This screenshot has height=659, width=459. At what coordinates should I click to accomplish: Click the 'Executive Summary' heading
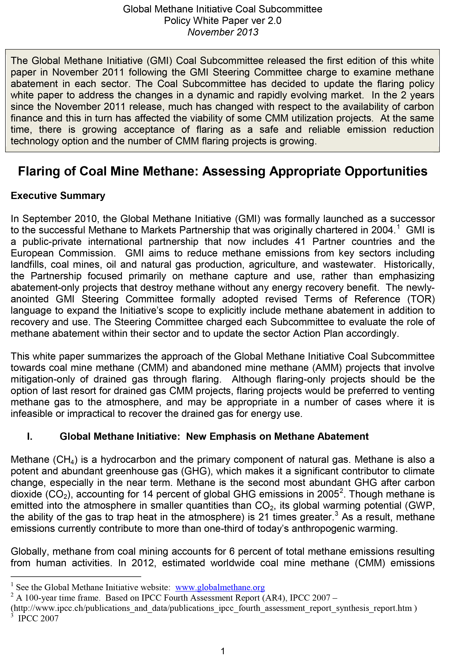click(58, 196)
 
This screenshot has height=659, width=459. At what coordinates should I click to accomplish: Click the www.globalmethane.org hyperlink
click(220, 588)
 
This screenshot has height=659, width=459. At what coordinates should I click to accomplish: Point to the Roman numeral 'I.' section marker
click(30, 436)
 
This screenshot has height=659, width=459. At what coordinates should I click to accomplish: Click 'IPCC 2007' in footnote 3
click(38, 619)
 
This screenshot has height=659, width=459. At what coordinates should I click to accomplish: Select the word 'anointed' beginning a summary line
click(30, 299)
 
